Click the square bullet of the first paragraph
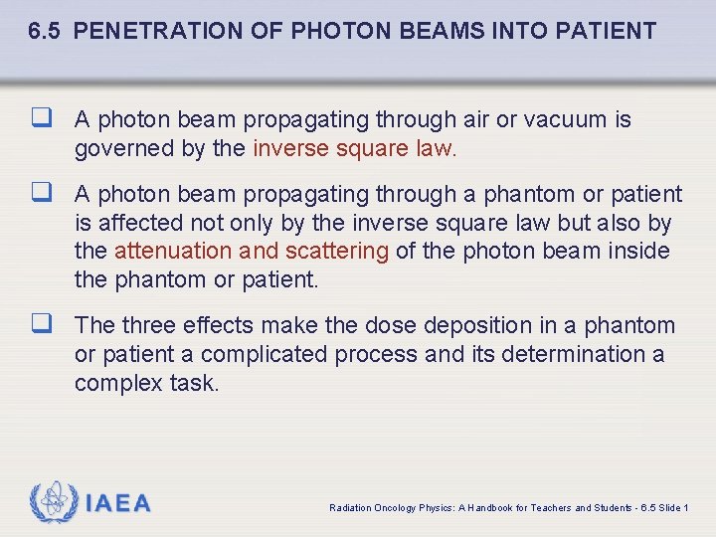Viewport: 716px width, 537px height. (41, 119)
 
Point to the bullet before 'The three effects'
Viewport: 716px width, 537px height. (41, 325)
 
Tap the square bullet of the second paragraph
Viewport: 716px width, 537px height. (41, 194)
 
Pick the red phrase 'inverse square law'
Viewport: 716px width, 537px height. (353, 149)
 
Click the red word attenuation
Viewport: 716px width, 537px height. (173, 251)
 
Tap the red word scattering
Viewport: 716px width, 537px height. (337, 251)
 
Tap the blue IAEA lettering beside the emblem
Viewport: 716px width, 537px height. (118, 504)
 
